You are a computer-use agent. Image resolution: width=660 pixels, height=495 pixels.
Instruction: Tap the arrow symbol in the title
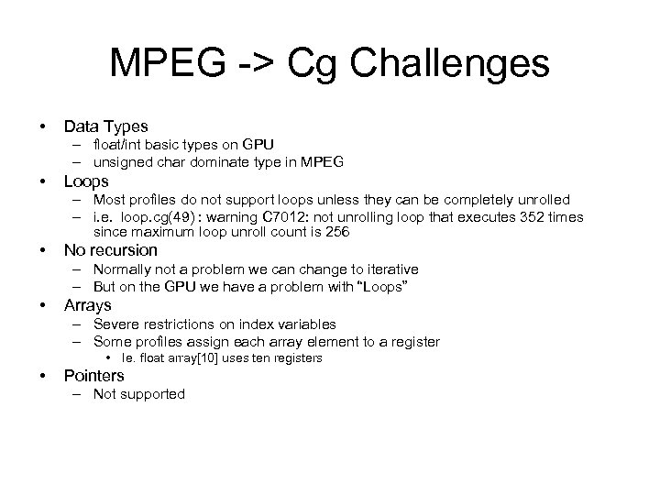261,64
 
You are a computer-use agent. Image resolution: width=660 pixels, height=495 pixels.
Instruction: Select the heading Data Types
105,126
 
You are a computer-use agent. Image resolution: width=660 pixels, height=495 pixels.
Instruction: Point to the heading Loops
86,181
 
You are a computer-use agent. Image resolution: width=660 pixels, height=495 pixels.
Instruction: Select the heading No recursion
110,249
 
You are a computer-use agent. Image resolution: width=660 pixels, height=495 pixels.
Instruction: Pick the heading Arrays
87,304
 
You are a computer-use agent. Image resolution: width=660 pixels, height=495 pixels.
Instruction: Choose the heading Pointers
93,375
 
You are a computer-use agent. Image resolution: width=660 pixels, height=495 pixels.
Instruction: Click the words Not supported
138,394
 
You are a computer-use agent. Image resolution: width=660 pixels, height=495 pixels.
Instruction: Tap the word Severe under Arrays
115,324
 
